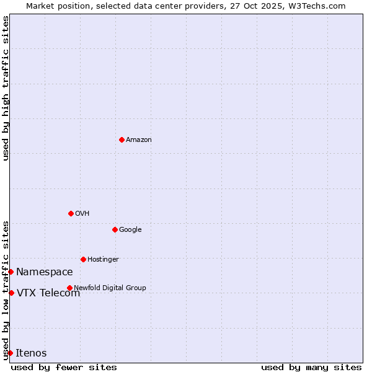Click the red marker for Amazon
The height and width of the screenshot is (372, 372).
point(122,139)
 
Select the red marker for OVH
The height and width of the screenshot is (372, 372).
point(71,213)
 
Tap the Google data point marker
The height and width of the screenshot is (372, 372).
point(115,229)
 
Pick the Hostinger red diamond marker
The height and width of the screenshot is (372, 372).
point(83,259)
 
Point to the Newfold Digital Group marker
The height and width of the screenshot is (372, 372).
point(69,288)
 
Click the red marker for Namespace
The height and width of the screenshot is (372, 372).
point(11,272)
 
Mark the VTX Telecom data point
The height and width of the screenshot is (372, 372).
point(11,293)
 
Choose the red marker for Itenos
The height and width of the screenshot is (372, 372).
point(10,353)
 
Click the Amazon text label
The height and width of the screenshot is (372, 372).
point(139,140)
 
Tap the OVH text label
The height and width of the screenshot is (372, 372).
point(82,214)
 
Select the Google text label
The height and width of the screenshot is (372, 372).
point(130,230)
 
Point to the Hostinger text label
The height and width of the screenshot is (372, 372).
point(103,260)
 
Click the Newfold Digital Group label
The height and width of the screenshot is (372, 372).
point(110,288)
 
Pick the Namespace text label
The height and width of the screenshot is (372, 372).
point(45,272)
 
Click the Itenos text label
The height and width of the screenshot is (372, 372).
point(31,353)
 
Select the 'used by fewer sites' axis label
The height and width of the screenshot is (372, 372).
point(64,367)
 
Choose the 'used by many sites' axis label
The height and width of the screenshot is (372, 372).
point(311,367)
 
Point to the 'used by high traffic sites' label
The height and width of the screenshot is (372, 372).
point(6,88)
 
